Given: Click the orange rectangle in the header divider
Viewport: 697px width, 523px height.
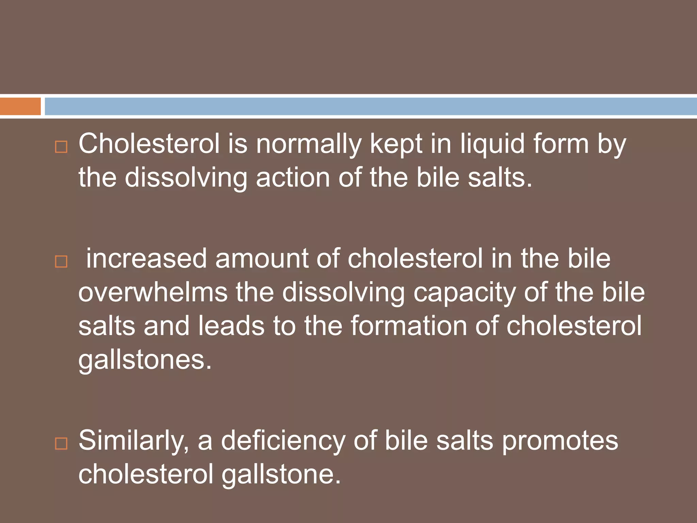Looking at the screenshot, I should [x=20, y=106].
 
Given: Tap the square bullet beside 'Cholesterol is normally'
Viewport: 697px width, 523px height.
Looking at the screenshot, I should [x=61, y=147].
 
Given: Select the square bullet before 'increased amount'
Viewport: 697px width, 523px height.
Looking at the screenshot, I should [x=61, y=261].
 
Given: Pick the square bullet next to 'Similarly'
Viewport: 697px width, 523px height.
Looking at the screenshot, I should [x=61, y=444].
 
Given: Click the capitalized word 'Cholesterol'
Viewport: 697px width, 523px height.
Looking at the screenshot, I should [x=149, y=144].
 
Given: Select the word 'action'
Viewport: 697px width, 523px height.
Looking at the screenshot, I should [x=293, y=178].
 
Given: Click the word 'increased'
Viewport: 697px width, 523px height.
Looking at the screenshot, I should [x=146, y=258].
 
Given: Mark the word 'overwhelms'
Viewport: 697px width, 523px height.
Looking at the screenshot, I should [x=153, y=292].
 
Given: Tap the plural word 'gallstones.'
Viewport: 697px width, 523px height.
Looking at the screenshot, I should [x=145, y=360].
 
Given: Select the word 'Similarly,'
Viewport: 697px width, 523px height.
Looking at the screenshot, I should [x=134, y=441].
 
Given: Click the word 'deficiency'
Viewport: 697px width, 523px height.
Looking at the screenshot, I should [x=283, y=441].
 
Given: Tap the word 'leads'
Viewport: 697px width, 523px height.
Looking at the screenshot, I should [x=231, y=326].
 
